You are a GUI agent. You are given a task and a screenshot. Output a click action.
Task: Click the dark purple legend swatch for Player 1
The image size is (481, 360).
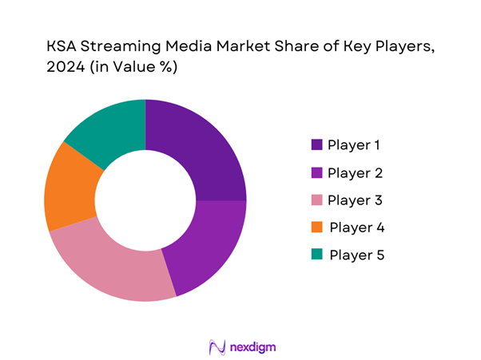coord(316,144)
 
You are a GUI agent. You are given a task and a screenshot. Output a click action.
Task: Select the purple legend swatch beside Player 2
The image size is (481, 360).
coord(316,172)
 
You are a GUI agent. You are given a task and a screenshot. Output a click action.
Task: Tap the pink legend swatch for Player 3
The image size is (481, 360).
coord(316,200)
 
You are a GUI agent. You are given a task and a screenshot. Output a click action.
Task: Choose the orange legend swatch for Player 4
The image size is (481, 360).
coord(316,227)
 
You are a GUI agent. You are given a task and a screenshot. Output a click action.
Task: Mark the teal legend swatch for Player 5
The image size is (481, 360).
coord(316,255)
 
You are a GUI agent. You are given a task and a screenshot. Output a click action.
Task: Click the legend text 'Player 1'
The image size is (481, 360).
coord(354,144)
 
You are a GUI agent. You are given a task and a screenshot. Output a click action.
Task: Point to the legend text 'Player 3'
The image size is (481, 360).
coord(355,200)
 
